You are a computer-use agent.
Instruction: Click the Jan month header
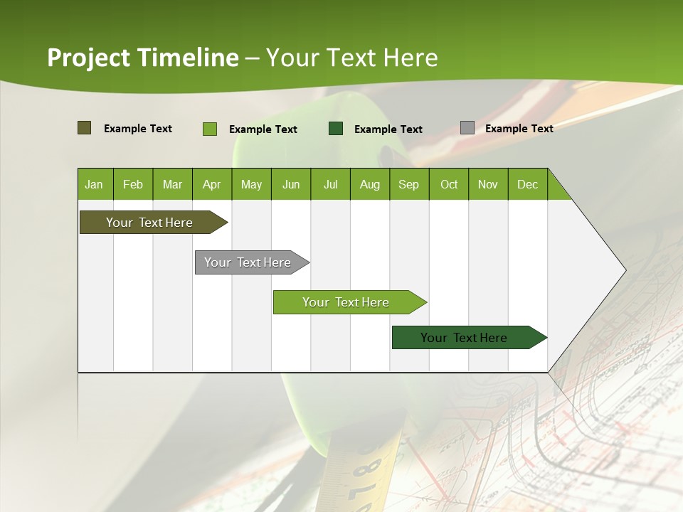click(x=94, y=185)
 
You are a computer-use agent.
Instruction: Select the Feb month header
click(x=133, y=185)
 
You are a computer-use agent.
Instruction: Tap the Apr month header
click(x=211, y=185)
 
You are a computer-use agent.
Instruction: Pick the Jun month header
click(x=291, y=185)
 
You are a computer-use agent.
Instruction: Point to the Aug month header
click(x=369, y=185)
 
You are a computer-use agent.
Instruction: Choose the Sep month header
click(x=408, y=185)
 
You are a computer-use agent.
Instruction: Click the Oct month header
click(x=449, y=185)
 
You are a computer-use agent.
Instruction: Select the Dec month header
click(x=527, y=185)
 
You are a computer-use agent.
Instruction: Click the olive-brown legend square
click(x=85, y=128)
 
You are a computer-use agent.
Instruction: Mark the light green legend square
click(x=210, y=129)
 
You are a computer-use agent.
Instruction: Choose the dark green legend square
click(x=336, y=129)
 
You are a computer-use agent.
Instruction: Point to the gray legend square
click(x=467, y=128)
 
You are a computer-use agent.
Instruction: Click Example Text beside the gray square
click(x=519, y=129)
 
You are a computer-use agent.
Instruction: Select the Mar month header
click(x=172, y=185)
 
